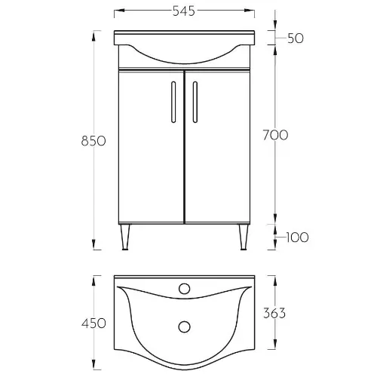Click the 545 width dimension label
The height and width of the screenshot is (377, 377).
tap(184, 11)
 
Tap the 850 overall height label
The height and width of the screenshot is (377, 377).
tap(93, 141)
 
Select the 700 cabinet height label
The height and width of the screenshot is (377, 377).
tap(275, 135)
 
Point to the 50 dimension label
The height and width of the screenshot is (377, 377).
tap(296, 38)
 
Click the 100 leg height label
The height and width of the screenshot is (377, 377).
tap(297, 238)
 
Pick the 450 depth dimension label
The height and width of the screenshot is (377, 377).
tap(93, 323)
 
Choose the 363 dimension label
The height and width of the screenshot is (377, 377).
tap(274, 313)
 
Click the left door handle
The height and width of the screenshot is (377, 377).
tap(173, 102)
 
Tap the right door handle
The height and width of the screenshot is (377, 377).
tap(195, 102)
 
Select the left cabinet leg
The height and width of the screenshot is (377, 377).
tap(125, 237)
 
